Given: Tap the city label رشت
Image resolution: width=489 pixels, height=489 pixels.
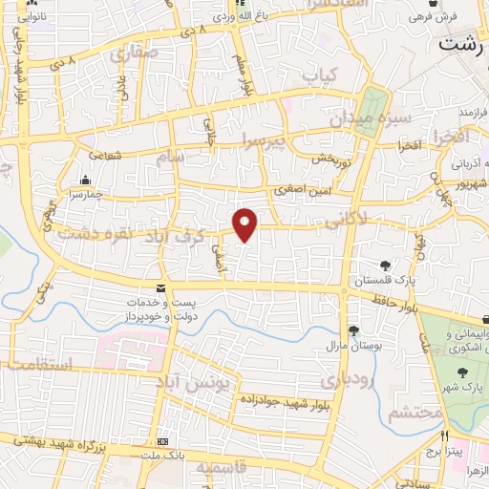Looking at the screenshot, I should [462, 44].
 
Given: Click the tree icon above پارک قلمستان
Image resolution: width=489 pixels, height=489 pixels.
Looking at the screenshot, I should [385, 266].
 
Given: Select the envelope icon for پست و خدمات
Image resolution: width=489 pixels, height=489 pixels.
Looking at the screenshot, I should [159, 288].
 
